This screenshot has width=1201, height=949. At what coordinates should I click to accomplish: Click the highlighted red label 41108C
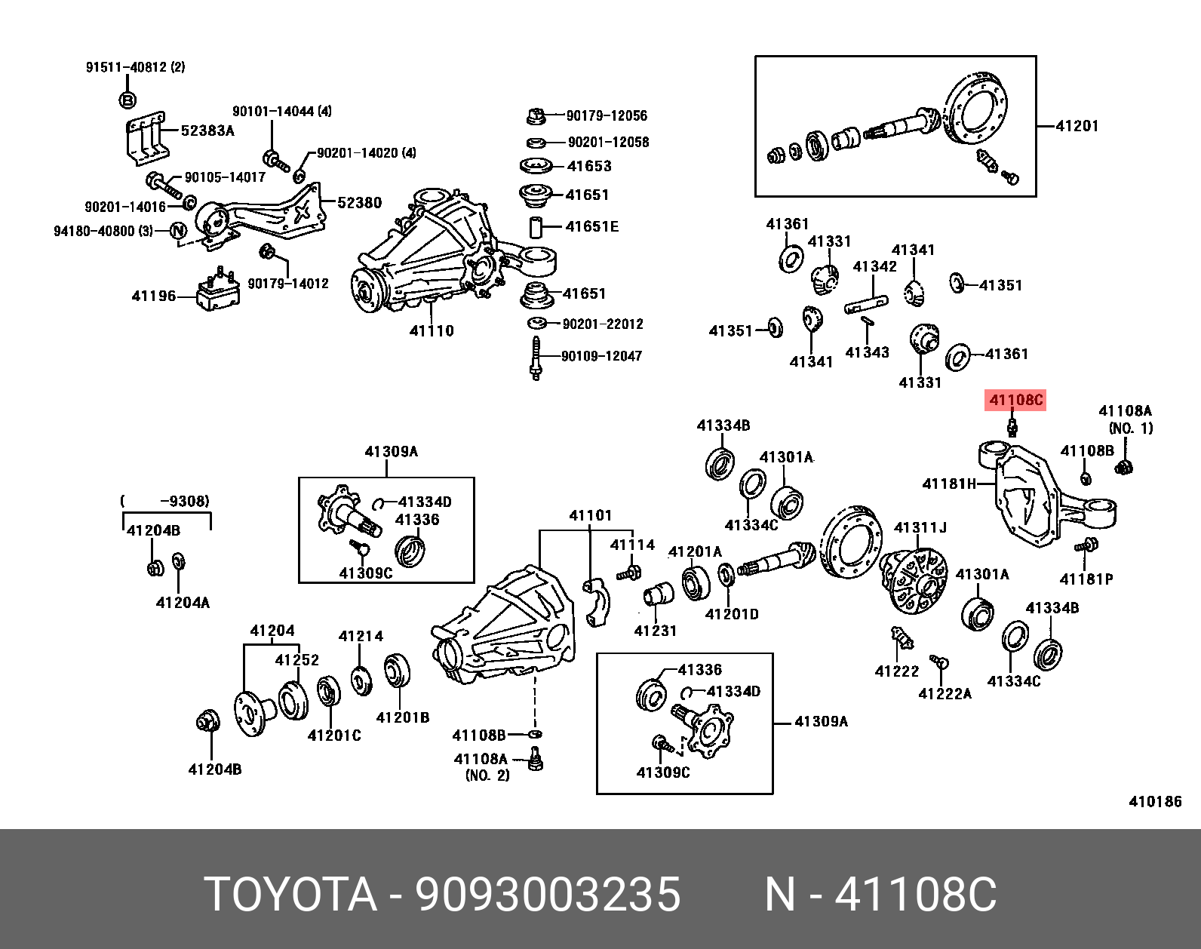(1015, 400)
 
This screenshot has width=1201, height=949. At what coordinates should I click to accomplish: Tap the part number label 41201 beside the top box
(1077, 126)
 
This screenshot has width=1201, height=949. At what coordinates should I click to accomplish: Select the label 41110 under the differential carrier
(432, 330)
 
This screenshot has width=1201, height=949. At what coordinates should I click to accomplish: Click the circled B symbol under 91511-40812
(127, 100)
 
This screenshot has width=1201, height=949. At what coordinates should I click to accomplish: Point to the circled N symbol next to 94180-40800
(178, 231)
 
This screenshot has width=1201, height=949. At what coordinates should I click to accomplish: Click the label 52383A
(207, 131)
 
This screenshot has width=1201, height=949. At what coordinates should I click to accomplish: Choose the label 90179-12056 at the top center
(607, 115)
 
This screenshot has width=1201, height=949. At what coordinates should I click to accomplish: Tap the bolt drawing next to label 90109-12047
(536, 358)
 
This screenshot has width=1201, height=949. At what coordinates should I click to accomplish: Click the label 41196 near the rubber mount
(154, 296)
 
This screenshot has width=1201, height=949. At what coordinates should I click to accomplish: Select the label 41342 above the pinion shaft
(874, 266)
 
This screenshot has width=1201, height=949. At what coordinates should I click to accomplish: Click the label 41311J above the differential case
(920, 527)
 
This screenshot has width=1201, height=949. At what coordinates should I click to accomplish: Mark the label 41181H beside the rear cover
(949, 484)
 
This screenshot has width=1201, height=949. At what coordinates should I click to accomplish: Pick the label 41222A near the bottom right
(945, 693)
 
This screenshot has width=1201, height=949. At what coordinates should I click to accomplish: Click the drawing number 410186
(1154, 801)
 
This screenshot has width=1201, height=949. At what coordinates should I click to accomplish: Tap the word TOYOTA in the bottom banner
(290, 895)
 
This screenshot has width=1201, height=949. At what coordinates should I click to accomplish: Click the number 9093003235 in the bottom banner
(548, 895)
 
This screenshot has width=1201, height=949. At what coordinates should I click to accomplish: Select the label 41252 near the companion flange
(296, 659)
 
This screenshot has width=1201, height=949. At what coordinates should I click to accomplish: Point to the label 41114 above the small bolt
(632, 545)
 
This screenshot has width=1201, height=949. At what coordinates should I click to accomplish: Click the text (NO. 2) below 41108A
(487, 775)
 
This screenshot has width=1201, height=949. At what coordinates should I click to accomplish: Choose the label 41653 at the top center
(588, 166)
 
